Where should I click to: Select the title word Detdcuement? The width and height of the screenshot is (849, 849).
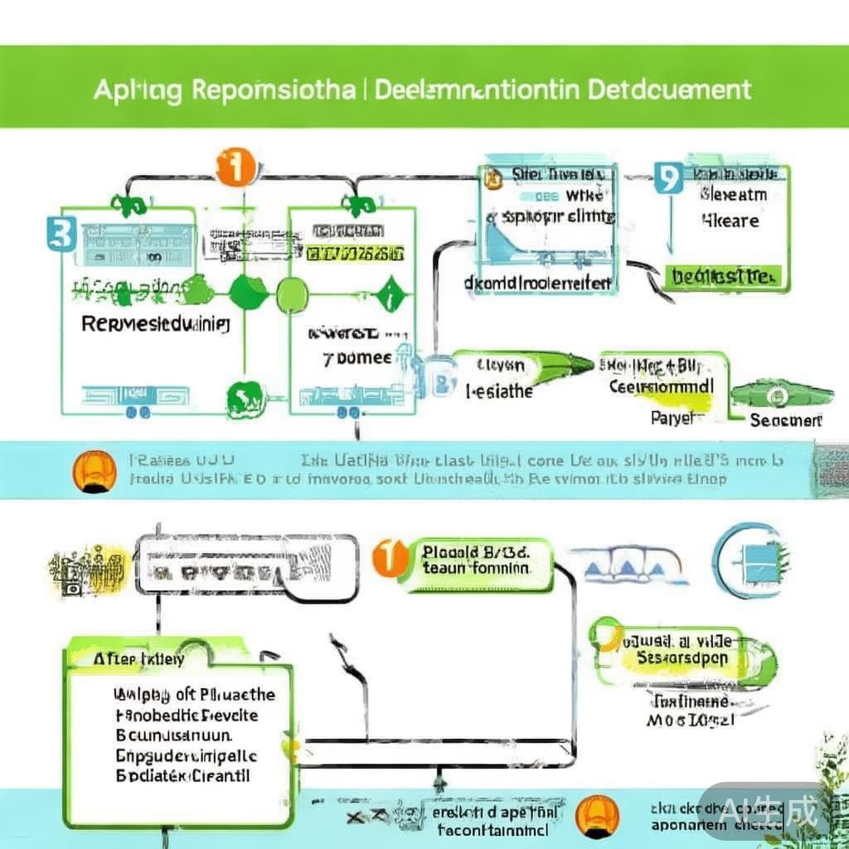point(670,90)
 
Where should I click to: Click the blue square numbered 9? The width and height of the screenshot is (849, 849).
point(667,178)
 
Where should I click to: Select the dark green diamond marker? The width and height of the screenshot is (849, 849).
point(386,294)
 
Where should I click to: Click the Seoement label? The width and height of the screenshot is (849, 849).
point(785,420)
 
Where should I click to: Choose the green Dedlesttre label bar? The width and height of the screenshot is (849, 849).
point(723,275)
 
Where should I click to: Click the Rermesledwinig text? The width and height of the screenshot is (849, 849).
point(156,323)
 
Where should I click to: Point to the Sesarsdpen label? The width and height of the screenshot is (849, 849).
point(682,657)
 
